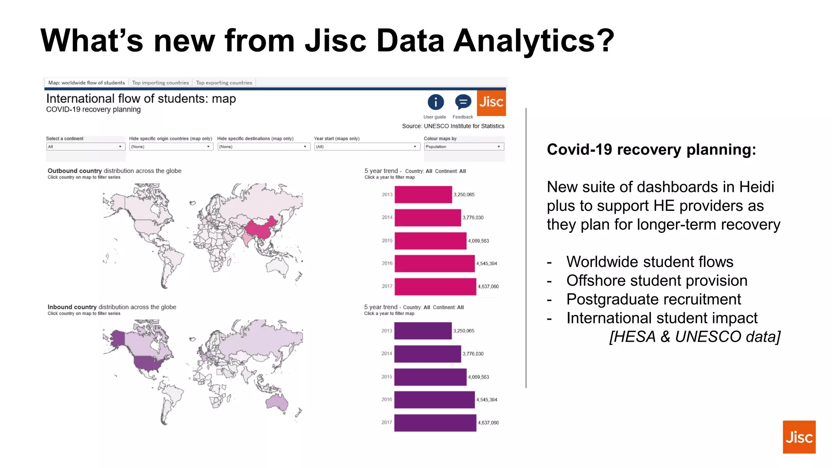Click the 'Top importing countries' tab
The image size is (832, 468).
[x=160, y=82]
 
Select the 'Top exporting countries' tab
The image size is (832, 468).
[x=224, y=82]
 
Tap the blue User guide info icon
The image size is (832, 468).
[x=435, y=102]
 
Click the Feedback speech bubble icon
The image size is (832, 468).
[x=463, y=102]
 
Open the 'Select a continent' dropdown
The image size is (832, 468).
[x=85, y=147]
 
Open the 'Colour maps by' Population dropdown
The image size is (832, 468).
[x=464, y=147]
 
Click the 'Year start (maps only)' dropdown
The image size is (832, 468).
[x=366, y=147]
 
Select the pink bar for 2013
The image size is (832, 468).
[x=423, y=195]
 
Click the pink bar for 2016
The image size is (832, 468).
[x=434, y=264]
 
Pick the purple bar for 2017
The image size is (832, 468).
[x=435, y=423]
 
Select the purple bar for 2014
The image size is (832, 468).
[x=427, y=354]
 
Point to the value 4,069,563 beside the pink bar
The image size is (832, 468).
[x=479, y=241]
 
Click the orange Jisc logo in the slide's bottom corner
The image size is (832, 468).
[x=799, y=437]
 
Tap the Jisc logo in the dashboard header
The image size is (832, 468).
[x=491, y=103]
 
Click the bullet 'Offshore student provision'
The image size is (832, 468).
[x=656, y=281]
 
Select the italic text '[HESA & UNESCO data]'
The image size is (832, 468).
[x=694, y=337]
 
